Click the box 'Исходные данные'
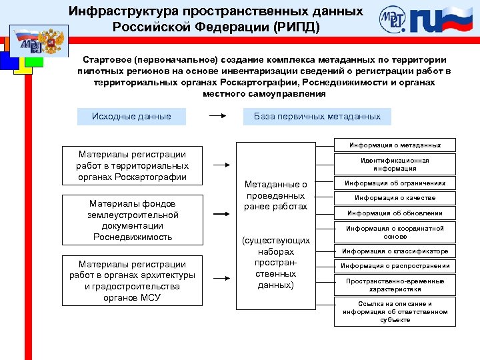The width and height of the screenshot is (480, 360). pos(131,116)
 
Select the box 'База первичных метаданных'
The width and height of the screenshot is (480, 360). pos(317,116)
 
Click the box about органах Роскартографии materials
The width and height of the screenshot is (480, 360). pos(132,165)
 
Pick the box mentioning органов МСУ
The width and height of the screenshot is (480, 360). pos(132,281)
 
